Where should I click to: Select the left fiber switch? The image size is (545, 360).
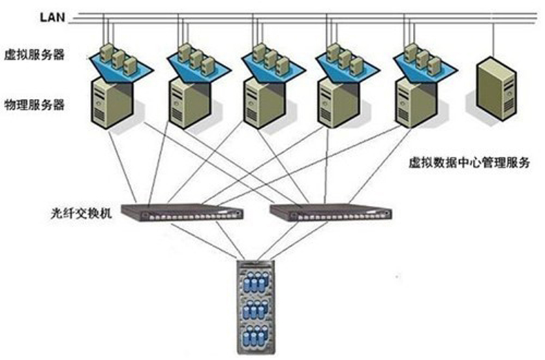pyautogui.click(x=181, y=213)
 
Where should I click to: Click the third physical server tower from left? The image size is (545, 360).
pyautogui.click(x=262, y=102)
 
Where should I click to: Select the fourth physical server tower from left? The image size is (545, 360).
pyautogui.click(x=337, y=102)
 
